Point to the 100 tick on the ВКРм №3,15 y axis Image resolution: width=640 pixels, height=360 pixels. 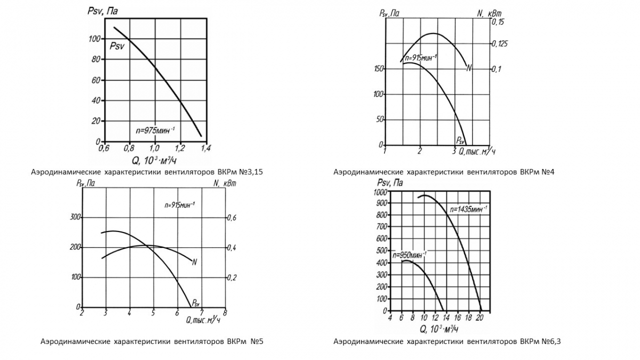point(94,39)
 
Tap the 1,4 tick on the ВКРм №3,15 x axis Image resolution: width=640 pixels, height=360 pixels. point(205,148)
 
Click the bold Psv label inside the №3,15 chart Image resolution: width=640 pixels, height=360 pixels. point(117,46)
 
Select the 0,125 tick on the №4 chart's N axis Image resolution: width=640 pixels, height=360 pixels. point(501,44)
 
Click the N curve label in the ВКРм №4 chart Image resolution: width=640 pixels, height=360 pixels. point(469,68)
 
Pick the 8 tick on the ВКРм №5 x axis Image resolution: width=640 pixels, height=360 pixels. point(225,314)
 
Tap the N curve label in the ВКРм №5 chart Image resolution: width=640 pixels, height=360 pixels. point(195,262)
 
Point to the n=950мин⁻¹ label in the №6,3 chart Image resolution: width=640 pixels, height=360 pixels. point(410,255)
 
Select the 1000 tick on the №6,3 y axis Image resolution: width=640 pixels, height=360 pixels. point(380,192)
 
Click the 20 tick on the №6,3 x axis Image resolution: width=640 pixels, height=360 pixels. point(479,318)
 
